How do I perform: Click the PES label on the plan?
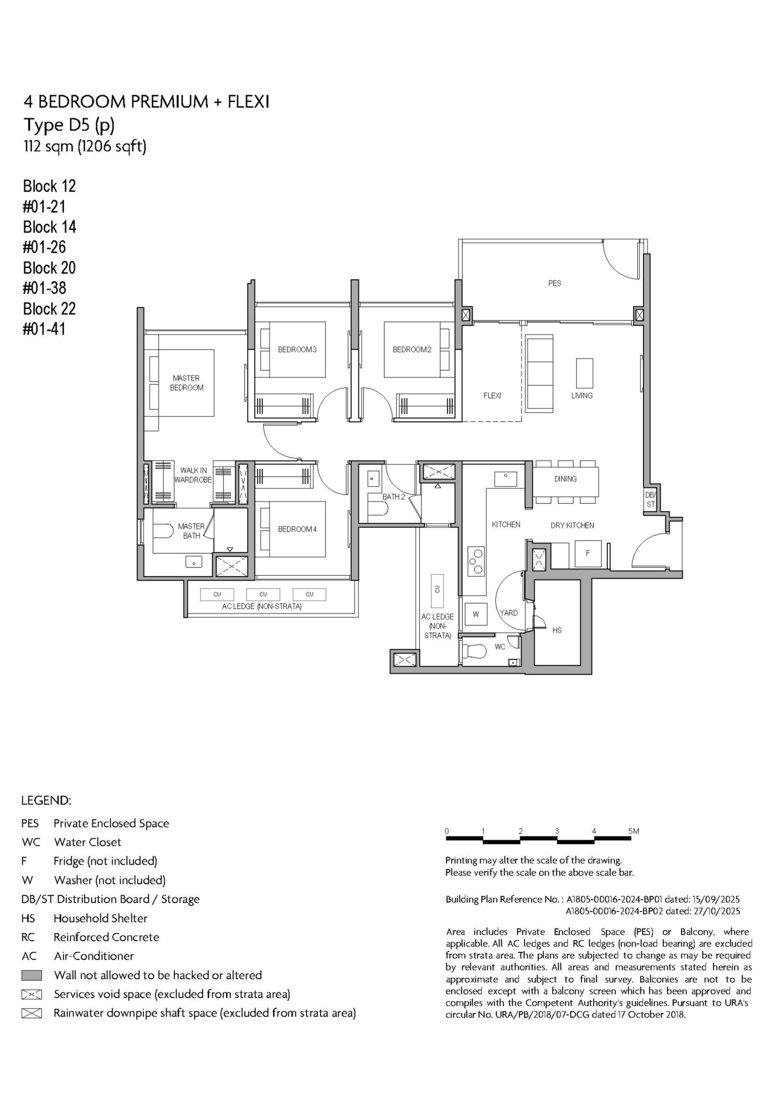[554, 283]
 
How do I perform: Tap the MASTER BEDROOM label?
[186, 382]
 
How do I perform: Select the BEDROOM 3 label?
[297, 349]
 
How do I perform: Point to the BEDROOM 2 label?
[412, 349]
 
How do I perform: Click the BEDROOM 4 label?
[297, 529]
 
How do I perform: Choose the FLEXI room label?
[492, 395]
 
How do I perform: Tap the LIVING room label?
[582, 395]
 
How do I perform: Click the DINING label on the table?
[565, 479]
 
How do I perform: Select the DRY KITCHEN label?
[572, 525]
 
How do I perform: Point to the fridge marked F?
[588, 553]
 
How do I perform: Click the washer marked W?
[476, 614]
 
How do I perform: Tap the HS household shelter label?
[557, 630]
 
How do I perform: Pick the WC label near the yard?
[500, 647]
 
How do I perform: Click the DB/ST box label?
[650, 499]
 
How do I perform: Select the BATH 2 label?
[393, 497]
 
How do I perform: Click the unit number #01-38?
[45, 288]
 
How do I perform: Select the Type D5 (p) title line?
[69, 126]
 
